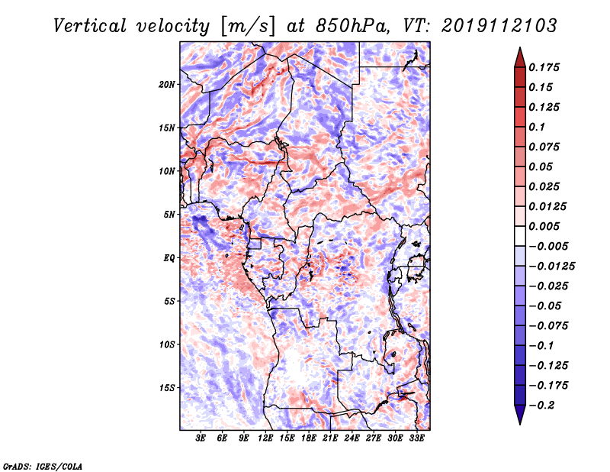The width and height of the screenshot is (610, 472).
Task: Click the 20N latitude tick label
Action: [167, 85]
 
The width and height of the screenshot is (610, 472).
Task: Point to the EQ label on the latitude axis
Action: [169, 258]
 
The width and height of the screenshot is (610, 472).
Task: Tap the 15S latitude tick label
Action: [167, 388]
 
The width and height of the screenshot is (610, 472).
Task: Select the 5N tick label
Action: [169, 215]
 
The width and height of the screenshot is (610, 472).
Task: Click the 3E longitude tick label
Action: [201, 438]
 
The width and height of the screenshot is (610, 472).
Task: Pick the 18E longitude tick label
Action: [309, 438]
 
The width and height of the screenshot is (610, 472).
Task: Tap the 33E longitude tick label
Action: [416, 438]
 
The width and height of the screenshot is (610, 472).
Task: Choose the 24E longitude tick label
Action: [352, 438]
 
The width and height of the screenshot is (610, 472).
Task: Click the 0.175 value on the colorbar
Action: [544, 67]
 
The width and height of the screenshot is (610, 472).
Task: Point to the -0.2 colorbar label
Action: [541, 406]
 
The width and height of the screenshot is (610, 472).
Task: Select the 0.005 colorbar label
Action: [544, 226]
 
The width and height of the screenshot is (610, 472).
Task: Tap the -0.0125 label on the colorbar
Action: [551, 267]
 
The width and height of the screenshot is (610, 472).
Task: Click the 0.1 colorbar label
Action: [537, 127]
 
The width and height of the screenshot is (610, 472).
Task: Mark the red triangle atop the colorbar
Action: [520, 57]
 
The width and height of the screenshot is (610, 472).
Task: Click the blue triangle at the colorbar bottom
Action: [520, 415]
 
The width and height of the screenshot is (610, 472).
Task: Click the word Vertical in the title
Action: [90, 26]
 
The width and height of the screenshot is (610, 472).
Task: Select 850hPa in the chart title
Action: [352, 26]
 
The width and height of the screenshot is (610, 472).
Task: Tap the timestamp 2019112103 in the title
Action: [499, 26]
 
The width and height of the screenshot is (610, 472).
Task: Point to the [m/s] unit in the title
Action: [249, 26]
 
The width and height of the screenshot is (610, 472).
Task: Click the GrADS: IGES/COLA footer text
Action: [43, 467]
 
